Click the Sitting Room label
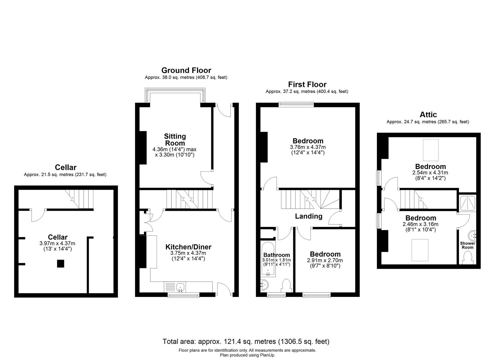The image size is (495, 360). [x=175, y=140]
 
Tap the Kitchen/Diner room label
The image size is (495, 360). [x=188, y=247]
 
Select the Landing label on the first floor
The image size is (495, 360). [x=309, y=216]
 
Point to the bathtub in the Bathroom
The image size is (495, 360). [x=268, y=259]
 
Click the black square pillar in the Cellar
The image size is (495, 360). [x=60, y=264]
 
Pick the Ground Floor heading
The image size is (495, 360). [x=186, y=70]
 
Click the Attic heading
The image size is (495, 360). [x=428, y=115]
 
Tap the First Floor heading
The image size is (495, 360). [x=307, y=84]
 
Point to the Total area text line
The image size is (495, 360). [x=246, y=341]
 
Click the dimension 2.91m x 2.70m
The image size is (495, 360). [x=325, y=260]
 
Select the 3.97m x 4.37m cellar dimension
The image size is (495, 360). [x=57, y=244]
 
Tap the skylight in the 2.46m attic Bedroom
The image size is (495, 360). [x=420, y=250]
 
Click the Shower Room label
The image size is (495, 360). [x=467, y=245]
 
